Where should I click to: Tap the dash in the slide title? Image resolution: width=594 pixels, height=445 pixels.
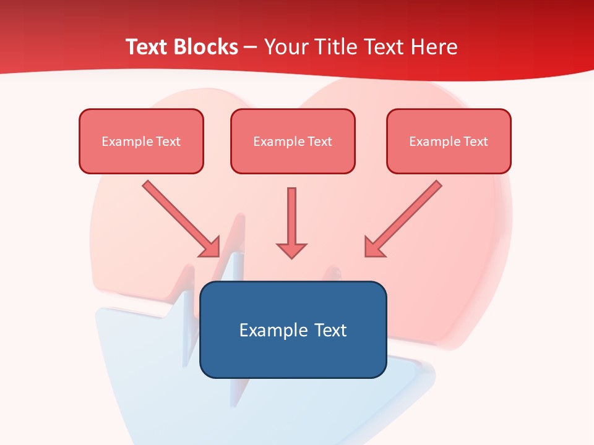[251, 48]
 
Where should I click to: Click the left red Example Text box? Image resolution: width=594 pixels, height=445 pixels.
[141, 141]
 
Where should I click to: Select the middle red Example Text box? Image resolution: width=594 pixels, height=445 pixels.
[293, 141]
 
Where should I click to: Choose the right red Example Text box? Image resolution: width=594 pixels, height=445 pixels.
[449, 141]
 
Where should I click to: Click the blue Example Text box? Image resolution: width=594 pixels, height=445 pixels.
[293, 329]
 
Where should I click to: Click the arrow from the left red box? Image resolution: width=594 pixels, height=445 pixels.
[179, 216]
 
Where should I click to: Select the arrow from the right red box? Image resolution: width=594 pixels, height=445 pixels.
[405, 217]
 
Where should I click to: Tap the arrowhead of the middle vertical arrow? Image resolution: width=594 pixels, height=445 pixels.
[291, 250]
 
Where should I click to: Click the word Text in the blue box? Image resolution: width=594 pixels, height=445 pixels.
[330, 330]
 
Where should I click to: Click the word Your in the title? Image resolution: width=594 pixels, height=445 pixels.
[285, 47]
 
